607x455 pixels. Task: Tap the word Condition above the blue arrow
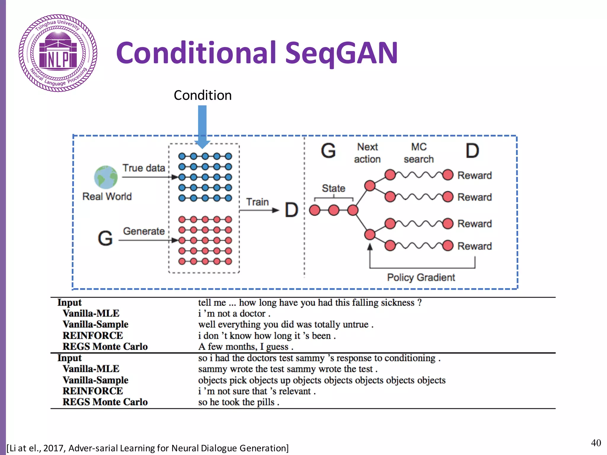[x=203, y=95]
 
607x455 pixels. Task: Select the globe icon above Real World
[x=106, y=177]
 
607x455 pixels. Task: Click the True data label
[x=144, y=168]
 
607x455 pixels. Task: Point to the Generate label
[x=144, y=231]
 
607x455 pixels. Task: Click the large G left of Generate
[x=105, y=238]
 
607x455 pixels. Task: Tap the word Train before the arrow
[x=257, y=202]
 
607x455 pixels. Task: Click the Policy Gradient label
[x=421, y=278]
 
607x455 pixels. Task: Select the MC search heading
[x=418, y=153]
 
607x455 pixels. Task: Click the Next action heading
[x=367, y=153]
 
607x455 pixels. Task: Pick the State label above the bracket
[x=333, y=188]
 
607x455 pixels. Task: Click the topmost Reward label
[x=475, y=175]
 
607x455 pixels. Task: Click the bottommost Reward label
[x=475, y=246]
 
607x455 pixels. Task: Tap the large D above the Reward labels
[x=472, y=151]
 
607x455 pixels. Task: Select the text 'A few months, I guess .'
[x=246, y=347]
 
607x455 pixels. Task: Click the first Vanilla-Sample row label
[x=95, y=324]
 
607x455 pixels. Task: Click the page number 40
[x=596, y=443]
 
